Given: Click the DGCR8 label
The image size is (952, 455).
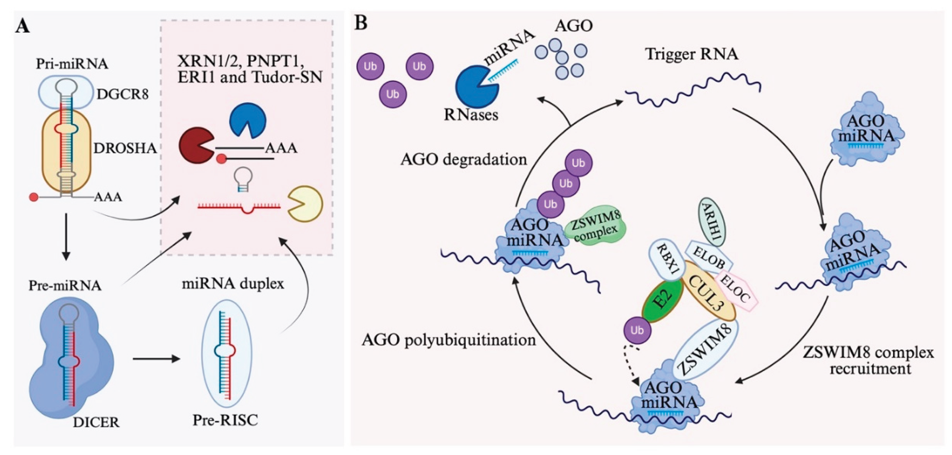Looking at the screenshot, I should click(122, 94).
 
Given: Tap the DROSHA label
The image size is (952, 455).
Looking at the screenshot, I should click(125, 148).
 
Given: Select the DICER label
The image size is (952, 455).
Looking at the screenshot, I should click(96, 422).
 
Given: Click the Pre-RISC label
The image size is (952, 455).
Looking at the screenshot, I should click(225, 420).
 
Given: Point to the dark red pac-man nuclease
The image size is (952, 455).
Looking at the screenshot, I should click(195, 147).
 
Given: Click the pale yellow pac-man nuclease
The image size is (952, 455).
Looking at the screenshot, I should click(305, 204).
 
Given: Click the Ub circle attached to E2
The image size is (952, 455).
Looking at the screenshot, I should click(637, 330).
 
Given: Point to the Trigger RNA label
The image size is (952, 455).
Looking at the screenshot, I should click(691, 54).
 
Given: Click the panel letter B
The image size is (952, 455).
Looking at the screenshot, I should click(361, 23).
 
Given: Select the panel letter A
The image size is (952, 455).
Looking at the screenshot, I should click(23, 27).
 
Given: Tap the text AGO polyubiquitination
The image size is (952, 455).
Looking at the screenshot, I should click(449, 340).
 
